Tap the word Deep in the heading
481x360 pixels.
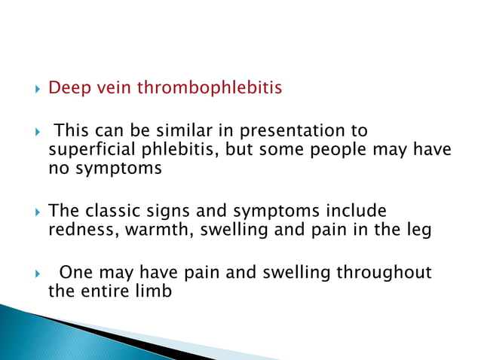click(66, 89)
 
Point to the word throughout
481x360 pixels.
click(388, 272)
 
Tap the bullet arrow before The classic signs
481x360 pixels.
click(29, 212)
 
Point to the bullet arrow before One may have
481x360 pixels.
click(29, 273)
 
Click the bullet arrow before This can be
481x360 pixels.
click(29, 132)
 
